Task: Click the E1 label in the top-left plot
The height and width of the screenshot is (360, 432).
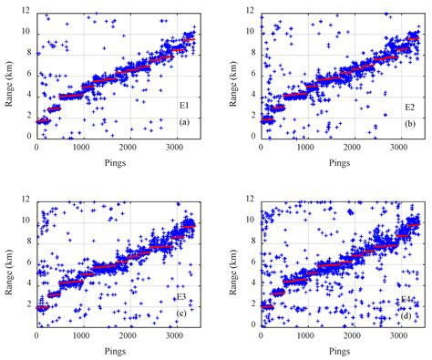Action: point(183,107)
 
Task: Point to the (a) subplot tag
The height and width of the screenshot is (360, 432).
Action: point(183,122)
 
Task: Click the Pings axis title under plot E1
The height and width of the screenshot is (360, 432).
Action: point(116,164)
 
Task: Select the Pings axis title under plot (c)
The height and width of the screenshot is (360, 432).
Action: point(116,353)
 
